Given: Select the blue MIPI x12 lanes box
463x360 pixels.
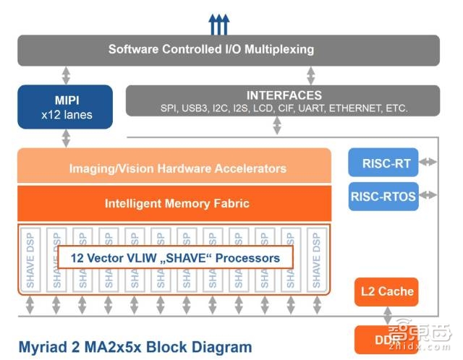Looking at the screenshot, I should [65, 106].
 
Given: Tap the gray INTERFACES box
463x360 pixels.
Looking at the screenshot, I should [284, 101].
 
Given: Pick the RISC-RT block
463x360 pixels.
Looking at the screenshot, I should [383, 163].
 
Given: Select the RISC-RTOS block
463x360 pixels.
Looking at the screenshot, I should [383, 196].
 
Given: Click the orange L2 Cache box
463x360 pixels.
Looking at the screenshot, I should [387, 291].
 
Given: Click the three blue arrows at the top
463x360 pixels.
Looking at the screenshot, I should [218, 25].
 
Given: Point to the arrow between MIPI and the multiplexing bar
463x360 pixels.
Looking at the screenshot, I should [66, 75].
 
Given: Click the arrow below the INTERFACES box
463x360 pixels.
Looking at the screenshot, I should [277, 126].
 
